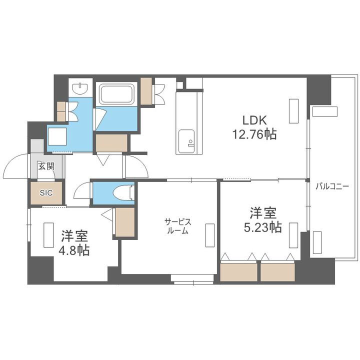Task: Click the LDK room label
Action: [x=255, y=120]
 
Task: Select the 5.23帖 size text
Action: [x=262, y=227]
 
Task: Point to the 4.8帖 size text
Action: [x=75, y=250]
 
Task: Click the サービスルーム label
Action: [x=177, y=226]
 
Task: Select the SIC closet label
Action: [x=46, y=191]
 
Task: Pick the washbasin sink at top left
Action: [x=80, y=89]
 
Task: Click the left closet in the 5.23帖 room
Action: [x=238, y=270]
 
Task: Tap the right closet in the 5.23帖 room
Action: [x=278, y=270]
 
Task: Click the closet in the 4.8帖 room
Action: [x=125, y=221]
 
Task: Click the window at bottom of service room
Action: [x=192, y=278]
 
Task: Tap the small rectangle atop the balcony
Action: [x=324, y=111]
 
